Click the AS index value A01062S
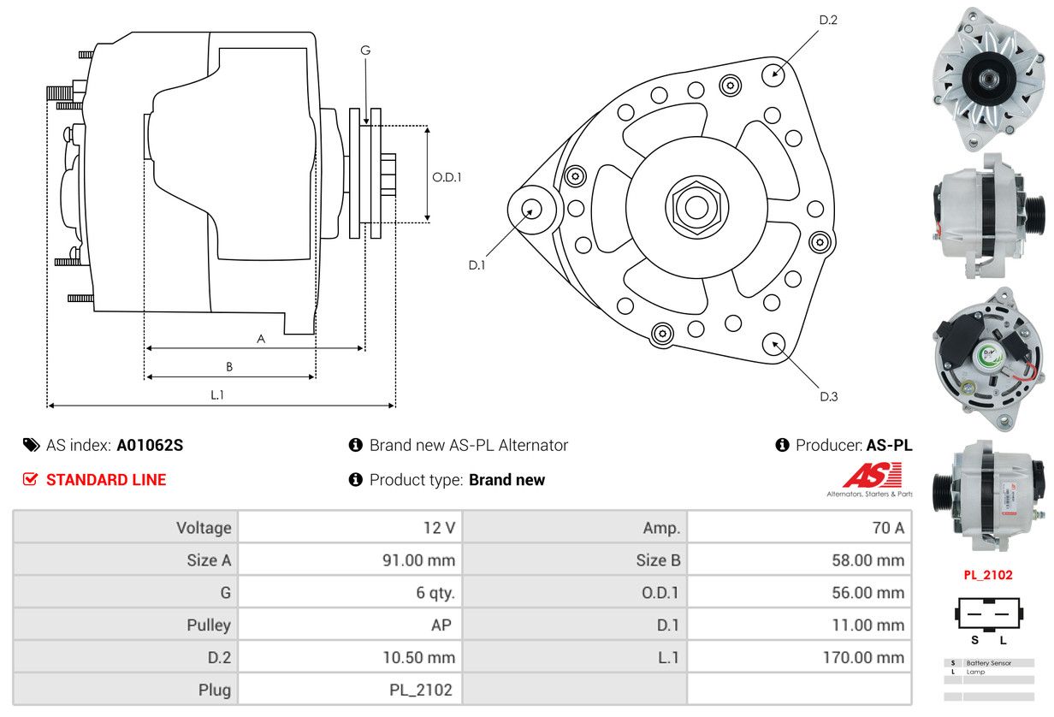[150, 445]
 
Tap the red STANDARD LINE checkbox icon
[30, 479]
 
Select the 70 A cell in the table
[888, 527]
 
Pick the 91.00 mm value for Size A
[419, 560]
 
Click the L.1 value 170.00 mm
[863, 657]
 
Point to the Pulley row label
[209, 625]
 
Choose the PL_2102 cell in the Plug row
[421, 690]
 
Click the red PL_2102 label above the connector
[987, 575]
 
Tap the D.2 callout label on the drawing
[828, 20]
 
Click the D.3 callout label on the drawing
[829, 397]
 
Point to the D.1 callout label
[477, 265]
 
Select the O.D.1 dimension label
[447, 177]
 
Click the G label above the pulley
[365, 50]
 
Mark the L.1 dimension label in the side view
[217, 394]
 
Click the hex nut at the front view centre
[697, 206]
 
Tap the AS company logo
[871, 476]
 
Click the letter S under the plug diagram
[975, 640]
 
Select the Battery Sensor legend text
[989, 663]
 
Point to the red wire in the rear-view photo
[1026, 371]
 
